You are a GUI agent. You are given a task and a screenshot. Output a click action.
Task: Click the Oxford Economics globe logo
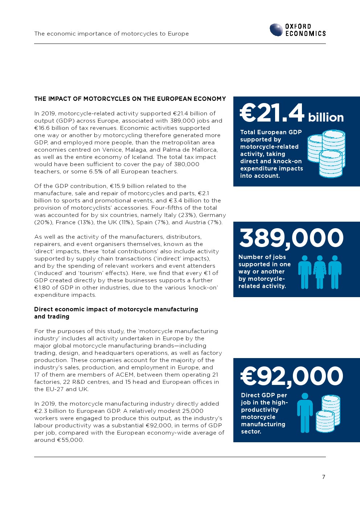tap(276, 30)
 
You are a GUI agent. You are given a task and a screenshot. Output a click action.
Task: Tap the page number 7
tap(324, 477)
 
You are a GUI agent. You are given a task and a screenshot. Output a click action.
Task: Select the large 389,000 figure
tap(291, 238)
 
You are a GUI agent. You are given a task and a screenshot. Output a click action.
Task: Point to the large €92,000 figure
tap(292, 376)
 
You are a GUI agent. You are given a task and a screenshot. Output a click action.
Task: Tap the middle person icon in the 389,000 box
tap(320, 272)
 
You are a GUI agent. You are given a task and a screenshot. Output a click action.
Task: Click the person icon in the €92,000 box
tap(305, 413)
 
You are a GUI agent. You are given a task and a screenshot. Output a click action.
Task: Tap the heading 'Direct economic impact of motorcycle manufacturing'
tap(116, 309)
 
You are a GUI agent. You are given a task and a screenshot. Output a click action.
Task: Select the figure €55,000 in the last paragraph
tap(70, 440)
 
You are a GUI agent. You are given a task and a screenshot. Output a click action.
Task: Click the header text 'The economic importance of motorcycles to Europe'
tap(111, 34)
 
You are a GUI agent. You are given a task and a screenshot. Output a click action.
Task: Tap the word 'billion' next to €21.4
tap(326, 117)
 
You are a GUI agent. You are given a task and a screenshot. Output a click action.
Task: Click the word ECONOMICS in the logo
tap(306, 33)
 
